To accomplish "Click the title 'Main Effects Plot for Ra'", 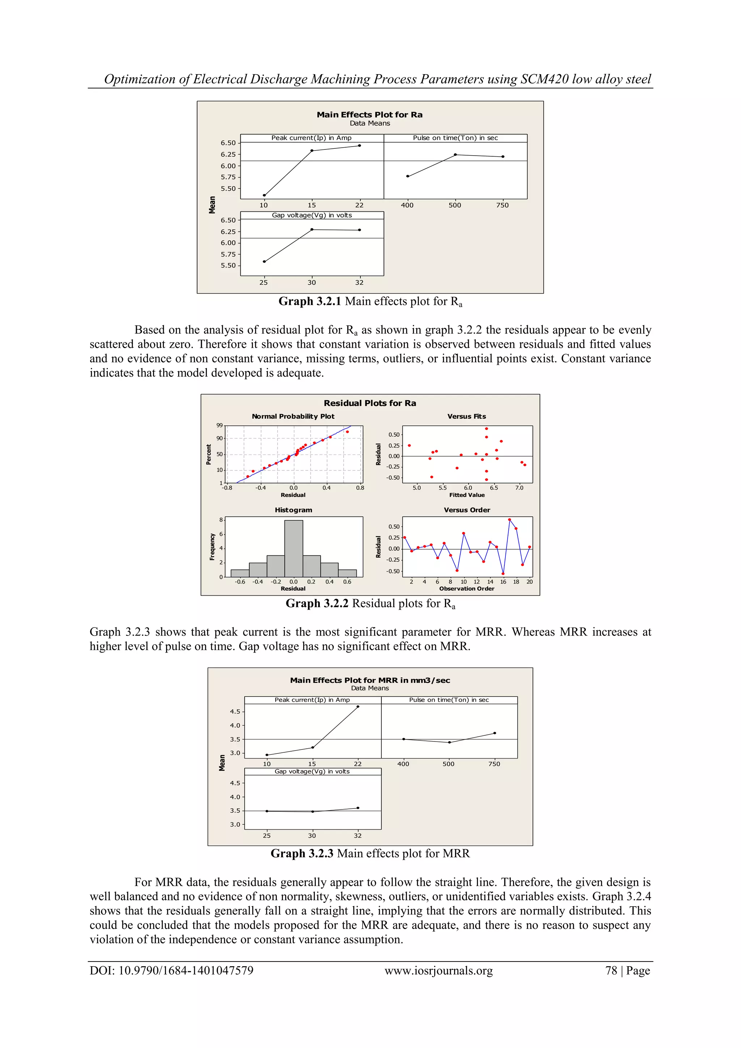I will point(369,115).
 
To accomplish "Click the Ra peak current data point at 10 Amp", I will point(264,195).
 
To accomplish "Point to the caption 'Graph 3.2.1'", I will point(310,302).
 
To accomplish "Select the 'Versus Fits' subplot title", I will point(466,416).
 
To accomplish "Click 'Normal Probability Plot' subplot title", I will point(293,416).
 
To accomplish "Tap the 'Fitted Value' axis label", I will point(467,495).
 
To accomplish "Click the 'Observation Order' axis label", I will point(467,589).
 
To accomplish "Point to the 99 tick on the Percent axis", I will point(220,426).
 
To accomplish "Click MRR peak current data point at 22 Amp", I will point(358,707).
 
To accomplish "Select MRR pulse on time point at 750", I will point(495,733).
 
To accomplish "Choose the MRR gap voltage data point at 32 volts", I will point(358,808).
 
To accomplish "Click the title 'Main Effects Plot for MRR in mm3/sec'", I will point(369,680).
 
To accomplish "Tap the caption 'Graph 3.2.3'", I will point(302,854).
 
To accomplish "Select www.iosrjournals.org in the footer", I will point(439,971).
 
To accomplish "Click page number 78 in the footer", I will point(611,971).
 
